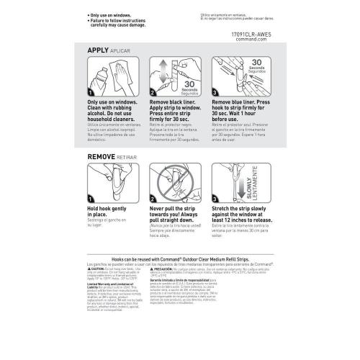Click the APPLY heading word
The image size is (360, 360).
[100, 50]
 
